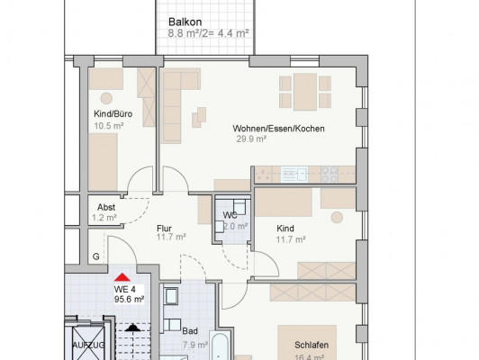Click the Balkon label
point(185,22)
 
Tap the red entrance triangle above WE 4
point(122,277)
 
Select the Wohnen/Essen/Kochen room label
point(278,129)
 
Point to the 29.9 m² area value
point(251,139)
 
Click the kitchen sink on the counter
point(294,175)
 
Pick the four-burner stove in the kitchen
point(330,175)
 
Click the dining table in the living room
point(305,92)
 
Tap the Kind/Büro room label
point(113,114)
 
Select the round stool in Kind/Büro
point(106,99)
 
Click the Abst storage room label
point(106,207)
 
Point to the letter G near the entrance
point(96,256)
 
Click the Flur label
point(164,229)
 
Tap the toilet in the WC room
point(239,207)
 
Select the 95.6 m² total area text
point(130,299)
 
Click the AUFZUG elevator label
point(88,346)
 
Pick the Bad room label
point(190,331)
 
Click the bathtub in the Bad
point(220,346)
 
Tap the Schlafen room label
point(312,345)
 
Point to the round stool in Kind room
point(337,218)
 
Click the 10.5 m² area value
point(109,126)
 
